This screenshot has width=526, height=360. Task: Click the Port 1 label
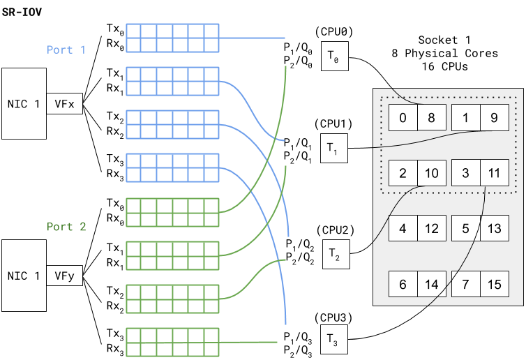(66, 50)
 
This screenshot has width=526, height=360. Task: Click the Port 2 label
(66, 227)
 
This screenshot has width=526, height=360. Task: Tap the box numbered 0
(403, 118)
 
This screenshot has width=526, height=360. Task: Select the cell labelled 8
(432, 118)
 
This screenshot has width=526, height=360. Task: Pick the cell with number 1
(466, 118)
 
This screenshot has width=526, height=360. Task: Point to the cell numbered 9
(495, 118)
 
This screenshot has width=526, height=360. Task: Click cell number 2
(403, 173)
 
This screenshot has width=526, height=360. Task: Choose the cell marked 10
(432, 173)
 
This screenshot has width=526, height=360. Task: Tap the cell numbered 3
(466, 173)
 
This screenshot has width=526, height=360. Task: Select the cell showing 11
(495, 173)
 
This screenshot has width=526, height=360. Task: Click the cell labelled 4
(403, 228)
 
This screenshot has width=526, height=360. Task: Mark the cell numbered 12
(432, 228)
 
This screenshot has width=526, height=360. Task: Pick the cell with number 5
(466, 228)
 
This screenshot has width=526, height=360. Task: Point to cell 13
(495, 228)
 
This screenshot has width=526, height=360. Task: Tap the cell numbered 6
(403, 284)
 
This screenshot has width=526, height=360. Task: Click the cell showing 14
(432, 284)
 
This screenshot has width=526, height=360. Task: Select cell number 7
(466, 284)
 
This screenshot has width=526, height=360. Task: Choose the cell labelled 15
(495, 284)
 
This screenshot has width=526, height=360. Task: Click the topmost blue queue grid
(173, 38)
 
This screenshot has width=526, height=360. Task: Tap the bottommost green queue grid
(173, 342)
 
